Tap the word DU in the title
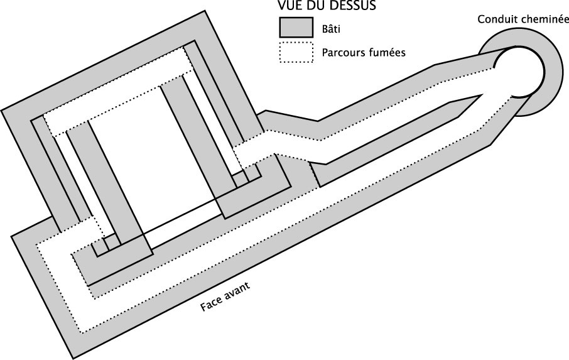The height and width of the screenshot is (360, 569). click(308, 7)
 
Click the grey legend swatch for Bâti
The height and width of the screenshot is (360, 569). click(296, 28)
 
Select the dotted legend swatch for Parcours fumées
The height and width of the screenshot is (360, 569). click(296, 52)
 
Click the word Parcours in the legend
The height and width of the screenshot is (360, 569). click(342, 53)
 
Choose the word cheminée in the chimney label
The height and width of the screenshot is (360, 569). click(540, 19)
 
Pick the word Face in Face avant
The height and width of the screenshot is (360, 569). click(211, 303)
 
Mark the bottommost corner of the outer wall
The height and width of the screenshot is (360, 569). click(73, 359)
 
